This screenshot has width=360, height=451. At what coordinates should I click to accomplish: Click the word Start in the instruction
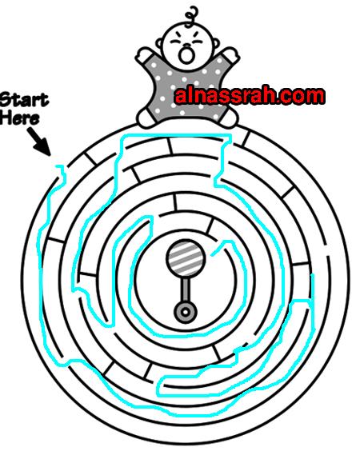pyautogui.click(x=24, y=100)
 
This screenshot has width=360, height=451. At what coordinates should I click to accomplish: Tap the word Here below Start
pyautogui.click(x=19, y=118)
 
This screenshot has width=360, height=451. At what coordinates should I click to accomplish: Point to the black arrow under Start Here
pyautogui.click(x=39, y=142)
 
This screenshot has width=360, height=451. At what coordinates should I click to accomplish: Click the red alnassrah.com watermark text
pyautogui.click(x=250, y=96)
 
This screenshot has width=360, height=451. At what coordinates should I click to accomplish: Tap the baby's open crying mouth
pyautogui.click(x=186, y=55)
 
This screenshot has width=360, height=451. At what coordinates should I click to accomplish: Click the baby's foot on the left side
pyautogui.click(x=146, y=118)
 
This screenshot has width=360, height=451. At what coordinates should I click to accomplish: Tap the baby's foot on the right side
pyautogui.click(x=229, y=117)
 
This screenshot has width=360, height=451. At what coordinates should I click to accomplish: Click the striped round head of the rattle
pyautogui.click(x=186, y=257)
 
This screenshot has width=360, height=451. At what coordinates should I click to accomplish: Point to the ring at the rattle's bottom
pyautogui.click(x=186, y=312)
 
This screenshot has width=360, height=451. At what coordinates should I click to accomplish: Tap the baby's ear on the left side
pyautogui.click(x=160, y=44)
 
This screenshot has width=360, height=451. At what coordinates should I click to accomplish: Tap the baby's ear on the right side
pyautogui.click(x=214, y=43)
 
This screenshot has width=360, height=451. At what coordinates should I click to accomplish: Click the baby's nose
pyautogui.click(x=187, y=46)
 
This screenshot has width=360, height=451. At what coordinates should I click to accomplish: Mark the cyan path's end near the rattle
pyautogui.click(x=212, y=255)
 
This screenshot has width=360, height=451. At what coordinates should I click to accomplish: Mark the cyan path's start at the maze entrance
pyautogui.click(x=58, y=166)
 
